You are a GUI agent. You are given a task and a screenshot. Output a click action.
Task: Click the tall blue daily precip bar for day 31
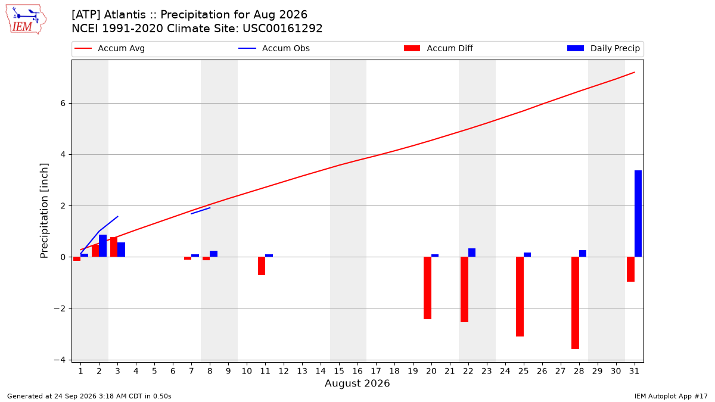pos(638,213)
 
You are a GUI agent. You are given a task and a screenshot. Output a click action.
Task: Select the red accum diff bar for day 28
pos(575,303)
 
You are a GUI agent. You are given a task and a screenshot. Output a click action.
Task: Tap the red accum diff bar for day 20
pos(427,288)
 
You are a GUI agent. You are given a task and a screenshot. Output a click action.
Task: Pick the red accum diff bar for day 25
pos(520,297)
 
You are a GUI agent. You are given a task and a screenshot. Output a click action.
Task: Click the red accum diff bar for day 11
pos(262,266)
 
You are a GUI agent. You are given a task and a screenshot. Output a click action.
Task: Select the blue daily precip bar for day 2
pos(102,245)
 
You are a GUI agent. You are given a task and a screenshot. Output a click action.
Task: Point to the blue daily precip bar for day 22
pos(472,253)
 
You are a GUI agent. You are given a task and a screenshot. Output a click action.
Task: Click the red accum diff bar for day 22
pos(464,289)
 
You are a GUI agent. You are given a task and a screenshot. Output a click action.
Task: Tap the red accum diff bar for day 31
pos(630,269)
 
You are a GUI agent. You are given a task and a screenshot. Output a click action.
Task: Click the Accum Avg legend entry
pos(110,48)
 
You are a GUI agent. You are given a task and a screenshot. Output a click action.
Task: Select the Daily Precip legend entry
pos(603,48)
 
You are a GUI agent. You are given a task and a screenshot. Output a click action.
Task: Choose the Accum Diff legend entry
pos(439,48)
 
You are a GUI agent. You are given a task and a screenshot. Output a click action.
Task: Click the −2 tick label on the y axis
pos(60,308)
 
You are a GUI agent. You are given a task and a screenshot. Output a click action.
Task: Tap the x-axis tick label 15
pos(339,371)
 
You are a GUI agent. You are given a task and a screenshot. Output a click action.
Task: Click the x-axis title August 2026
pos(357,383)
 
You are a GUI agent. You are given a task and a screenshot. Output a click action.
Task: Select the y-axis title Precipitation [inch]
pos(44,211)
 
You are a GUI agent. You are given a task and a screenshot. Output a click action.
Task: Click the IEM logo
pos(26,20)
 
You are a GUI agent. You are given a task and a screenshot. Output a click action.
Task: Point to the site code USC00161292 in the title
pos(282,29)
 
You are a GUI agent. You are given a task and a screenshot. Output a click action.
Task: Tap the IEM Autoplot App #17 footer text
pos(671,396)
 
